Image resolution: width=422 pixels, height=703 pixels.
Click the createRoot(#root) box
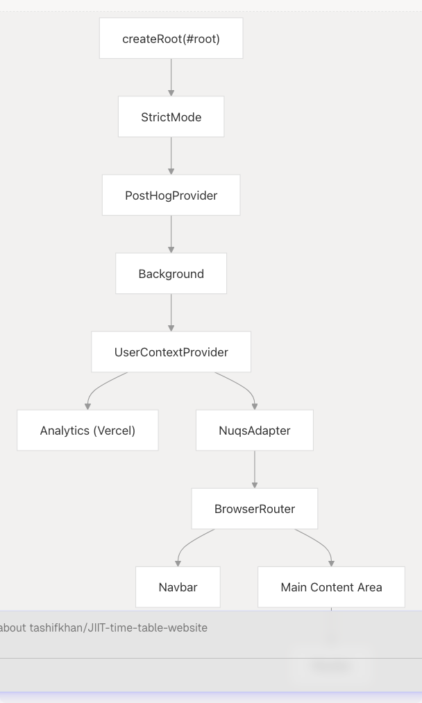click(171, 39)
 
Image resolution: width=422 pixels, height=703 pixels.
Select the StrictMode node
click(171, 117)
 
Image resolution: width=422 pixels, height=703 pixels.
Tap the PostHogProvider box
click(171, 196)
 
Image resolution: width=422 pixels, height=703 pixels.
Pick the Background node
click(171, 274)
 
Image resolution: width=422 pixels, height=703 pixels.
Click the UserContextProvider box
click(171, 352)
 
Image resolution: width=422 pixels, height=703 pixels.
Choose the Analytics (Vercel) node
click(87, 431)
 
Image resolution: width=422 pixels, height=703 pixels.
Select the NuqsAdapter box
click(254, 431)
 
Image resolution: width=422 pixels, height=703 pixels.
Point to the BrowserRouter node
click(254, 509)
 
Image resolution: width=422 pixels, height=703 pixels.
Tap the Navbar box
click(178, 587)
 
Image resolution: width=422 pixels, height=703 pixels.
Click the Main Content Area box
click(331, 587)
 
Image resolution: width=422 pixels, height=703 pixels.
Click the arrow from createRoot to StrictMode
click(171, 77)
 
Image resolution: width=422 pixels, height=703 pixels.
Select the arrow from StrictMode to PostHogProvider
click(171, 155)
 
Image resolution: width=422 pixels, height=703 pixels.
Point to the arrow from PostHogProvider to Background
click(171, 234)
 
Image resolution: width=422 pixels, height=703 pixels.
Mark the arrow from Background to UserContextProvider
click(171, 312)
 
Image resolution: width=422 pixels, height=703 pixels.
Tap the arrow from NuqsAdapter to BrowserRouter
click(254, 469)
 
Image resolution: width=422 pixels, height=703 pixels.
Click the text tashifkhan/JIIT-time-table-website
click(118, 628)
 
